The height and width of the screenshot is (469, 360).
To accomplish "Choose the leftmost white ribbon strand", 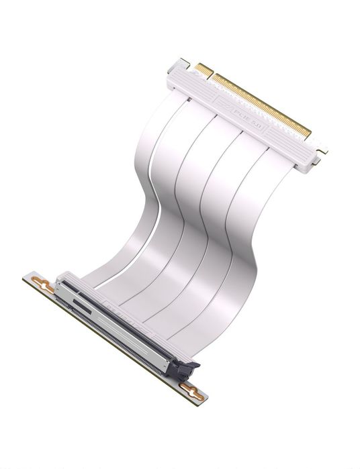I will [x=131, y=174].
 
